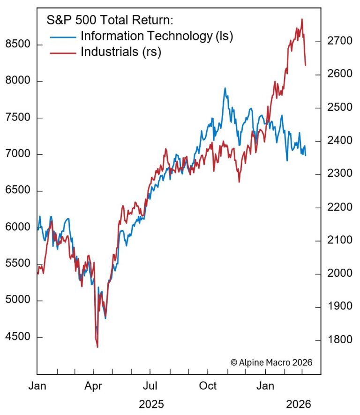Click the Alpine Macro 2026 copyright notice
click(271, 362)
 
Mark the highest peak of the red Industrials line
click(302, 19)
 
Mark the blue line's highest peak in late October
click(225, 88)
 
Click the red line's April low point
click(97, 347)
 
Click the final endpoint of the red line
click(306, 65)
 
